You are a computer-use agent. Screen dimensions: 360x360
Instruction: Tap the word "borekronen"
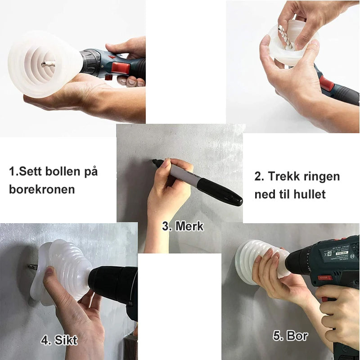tap(42, 189)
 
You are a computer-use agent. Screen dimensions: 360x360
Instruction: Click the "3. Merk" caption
tap(183, 226)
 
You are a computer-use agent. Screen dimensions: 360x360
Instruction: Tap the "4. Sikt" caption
tap(59, 340)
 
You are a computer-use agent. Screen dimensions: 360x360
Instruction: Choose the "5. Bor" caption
tap(290, 336)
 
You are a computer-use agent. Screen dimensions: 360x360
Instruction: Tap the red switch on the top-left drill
tap(121, 68)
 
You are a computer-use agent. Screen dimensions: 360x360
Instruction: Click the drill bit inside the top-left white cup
tap(48, 64)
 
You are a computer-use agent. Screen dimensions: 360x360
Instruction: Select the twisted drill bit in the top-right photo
tap(286, 37)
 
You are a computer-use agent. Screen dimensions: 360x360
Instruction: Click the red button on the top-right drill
tap(327, 83)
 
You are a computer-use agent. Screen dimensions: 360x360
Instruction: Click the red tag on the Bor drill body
tap(324, 278)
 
